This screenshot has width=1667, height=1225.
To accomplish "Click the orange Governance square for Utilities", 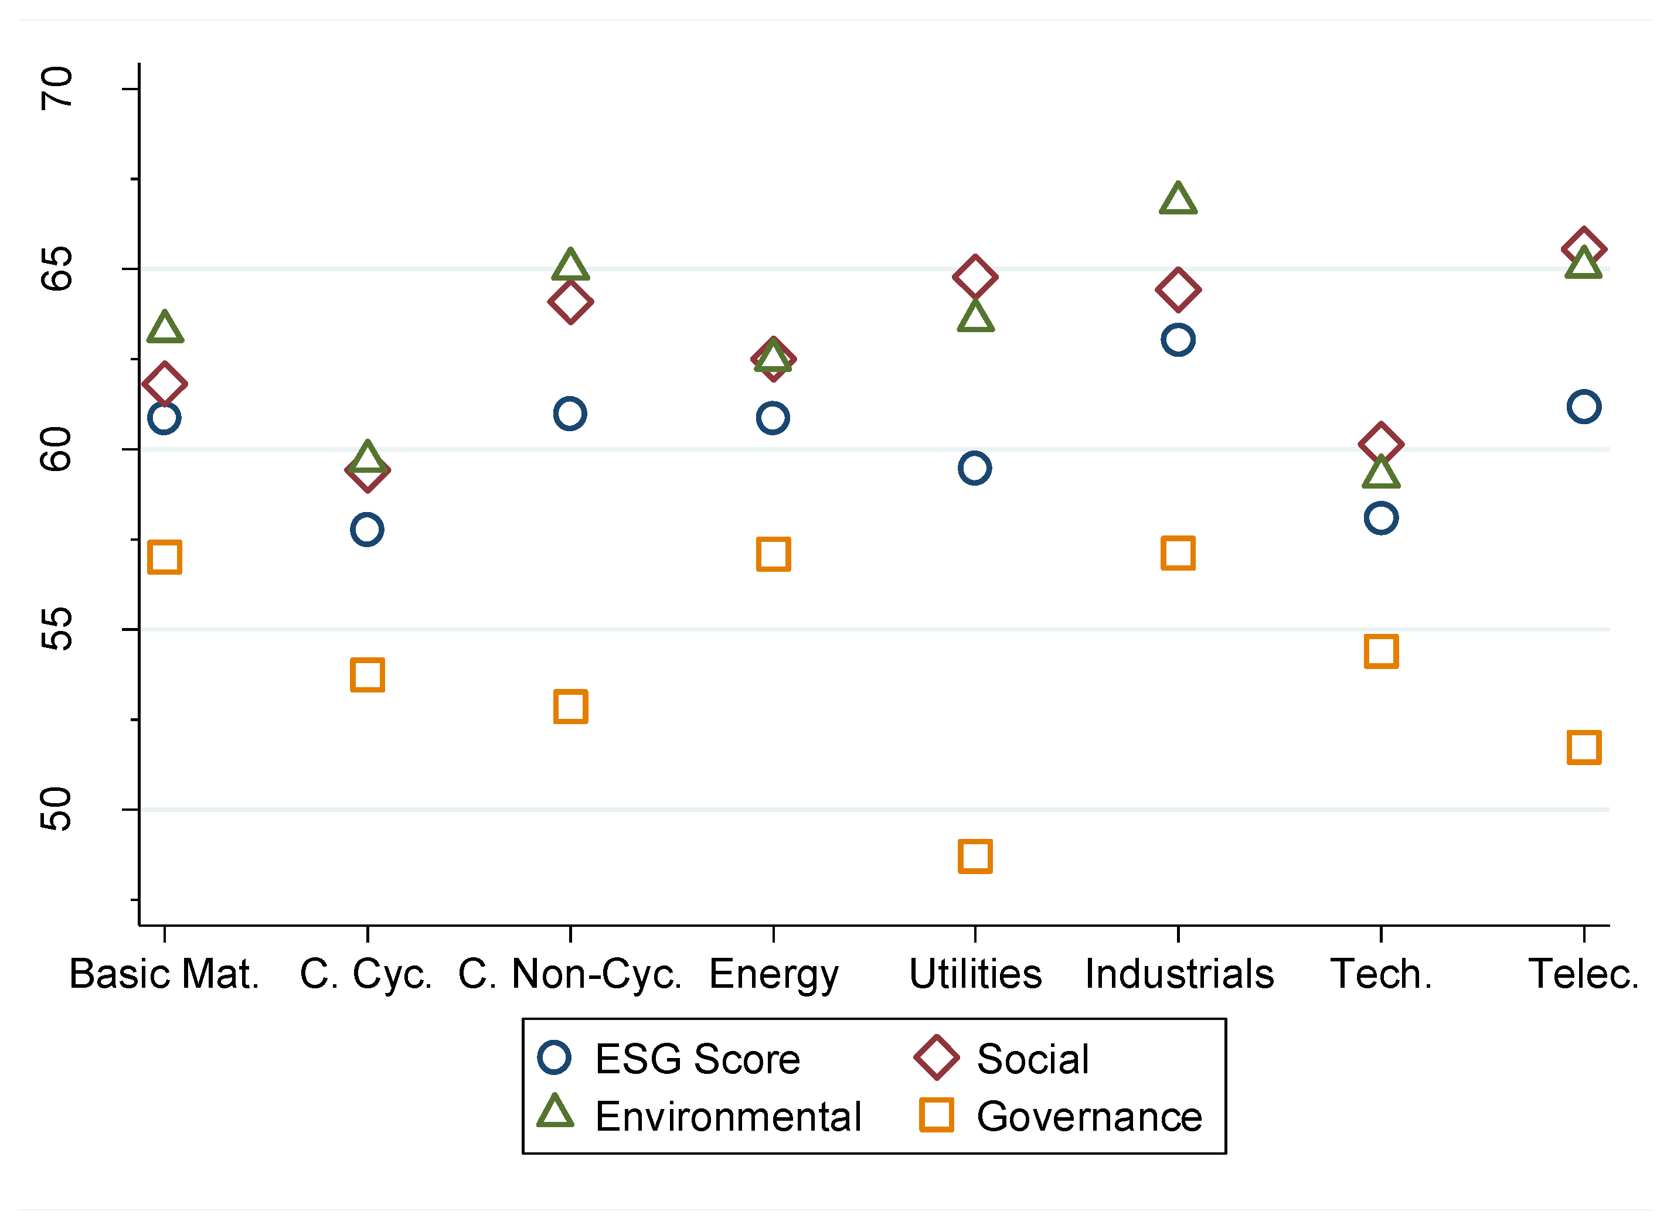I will [x=975, y=857].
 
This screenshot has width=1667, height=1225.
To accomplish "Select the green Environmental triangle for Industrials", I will [x=1178, y=199].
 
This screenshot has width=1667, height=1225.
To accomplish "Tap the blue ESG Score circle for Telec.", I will [x=1583, y=407].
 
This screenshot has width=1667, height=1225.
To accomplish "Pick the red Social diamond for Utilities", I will [x=975, y=277].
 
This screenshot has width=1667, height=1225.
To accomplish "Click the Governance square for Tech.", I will [x=1380, y=651].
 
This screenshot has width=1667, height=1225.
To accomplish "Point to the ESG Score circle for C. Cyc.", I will [x=366, y=530].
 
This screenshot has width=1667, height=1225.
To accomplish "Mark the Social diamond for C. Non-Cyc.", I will [x=570, y=302].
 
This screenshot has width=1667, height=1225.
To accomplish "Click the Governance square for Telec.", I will [x=1583, y=747].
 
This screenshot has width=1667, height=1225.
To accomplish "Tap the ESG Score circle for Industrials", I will [x=1178, y=340].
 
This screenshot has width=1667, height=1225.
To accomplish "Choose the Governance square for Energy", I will [x=773, y=554].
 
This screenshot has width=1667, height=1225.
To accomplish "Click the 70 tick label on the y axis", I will [x=56, y=88].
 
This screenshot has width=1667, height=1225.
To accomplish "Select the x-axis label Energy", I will [x=773, y=974].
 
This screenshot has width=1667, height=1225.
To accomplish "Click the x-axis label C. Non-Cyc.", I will [x=569, y=974].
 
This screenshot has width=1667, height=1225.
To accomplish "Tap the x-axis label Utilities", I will [x=975, y=974].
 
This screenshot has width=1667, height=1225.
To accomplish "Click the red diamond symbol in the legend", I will [x=936, y=1057].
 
